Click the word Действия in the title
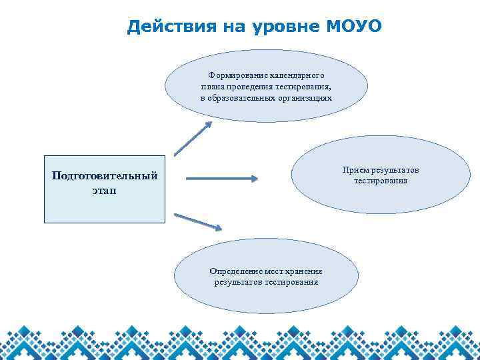(167, 27)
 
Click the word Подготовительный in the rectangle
(105, 176)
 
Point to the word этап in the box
(104, 191)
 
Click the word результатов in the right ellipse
(396, 171)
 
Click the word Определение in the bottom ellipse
(234, 271)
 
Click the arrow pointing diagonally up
(192, 139)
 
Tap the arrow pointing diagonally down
(197, 221)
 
